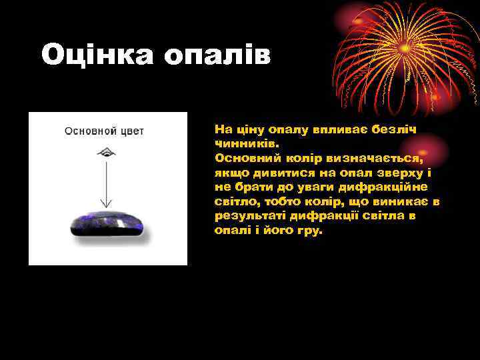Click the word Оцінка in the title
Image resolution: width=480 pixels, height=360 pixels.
(97, 55)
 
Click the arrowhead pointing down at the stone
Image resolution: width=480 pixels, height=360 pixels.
(104, 203)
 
